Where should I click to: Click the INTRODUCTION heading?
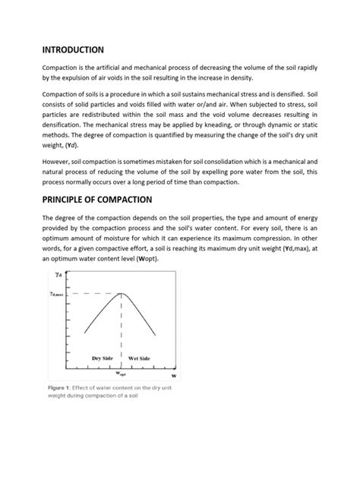point(72,49)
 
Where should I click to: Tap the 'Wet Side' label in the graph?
point(140,357)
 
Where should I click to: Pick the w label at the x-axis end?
point(174,375)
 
